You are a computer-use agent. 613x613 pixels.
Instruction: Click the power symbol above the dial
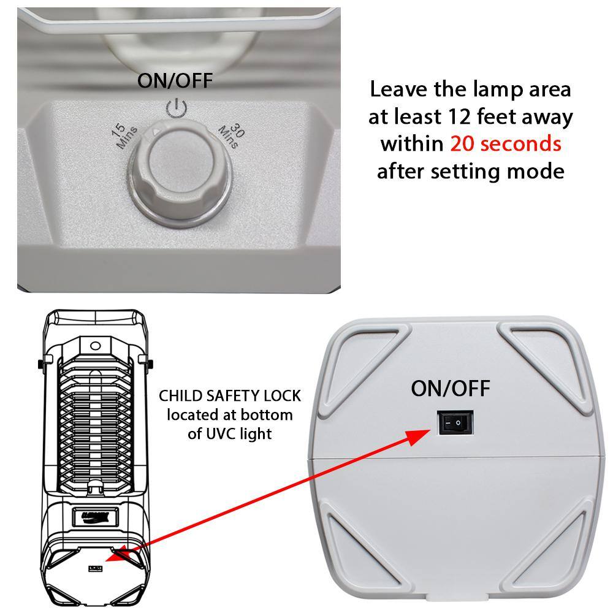pyautogui.click(x=176, y=109)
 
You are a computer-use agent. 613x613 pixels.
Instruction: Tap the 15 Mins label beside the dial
pyautogui.click(x=124, y=135)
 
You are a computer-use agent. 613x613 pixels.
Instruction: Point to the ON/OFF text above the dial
pyautogui.click(x=175, y=80)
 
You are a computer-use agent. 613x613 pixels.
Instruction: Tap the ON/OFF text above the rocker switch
pyautogui.click(x=451, y=388)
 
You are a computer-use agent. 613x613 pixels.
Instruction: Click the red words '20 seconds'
pyautogui.click(x=506, y=143)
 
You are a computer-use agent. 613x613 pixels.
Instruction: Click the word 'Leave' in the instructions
pyautogui.click(x=398, y=89)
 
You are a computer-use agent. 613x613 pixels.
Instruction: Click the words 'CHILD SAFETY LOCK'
pyautogui.click(x=230, y=395)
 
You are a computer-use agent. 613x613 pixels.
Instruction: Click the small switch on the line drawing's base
pyautogui.click(x=96, y=568)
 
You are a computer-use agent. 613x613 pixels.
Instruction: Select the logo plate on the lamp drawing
pyautogui.click(x=95, y=517)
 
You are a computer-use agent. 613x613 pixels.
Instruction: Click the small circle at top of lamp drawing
pyautogui.click(x=96, y=346)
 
